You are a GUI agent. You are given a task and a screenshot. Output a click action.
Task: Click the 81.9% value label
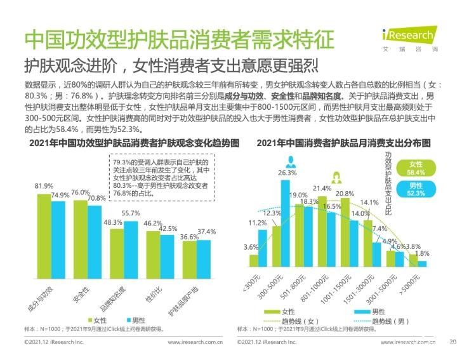click(x=44, y=185)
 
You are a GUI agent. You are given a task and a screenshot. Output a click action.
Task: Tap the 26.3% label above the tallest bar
click(x=287, y=173)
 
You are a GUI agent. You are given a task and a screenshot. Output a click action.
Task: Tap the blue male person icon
click(x=291, y=159)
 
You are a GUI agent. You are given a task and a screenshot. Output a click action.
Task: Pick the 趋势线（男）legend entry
click(x=375, y=321)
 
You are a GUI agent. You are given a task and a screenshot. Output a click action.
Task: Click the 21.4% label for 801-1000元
click(x=322, y=189)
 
